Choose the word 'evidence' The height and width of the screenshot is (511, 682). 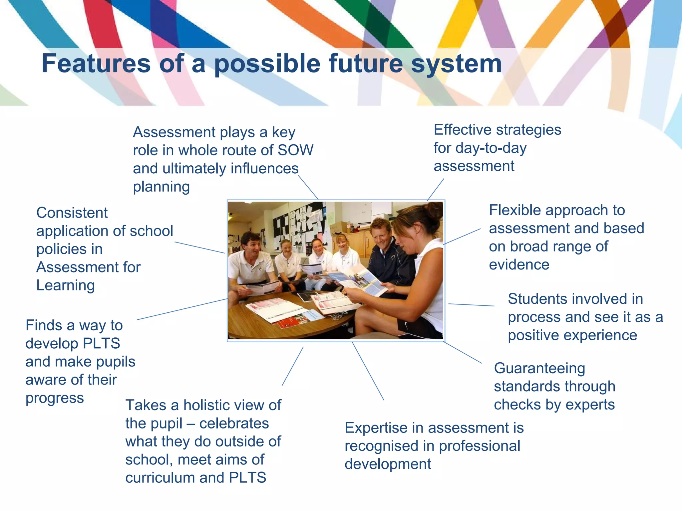click(x=519, y=265)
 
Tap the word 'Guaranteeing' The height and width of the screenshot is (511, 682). click(x=539, y=368)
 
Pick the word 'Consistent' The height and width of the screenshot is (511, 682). click(x=72, y=213)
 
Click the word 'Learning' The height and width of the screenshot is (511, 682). click(x=66, y=285)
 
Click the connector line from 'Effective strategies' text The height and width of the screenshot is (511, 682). click(x=436, y=190)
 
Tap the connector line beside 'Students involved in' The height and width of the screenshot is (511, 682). click(x=471, y=305)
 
